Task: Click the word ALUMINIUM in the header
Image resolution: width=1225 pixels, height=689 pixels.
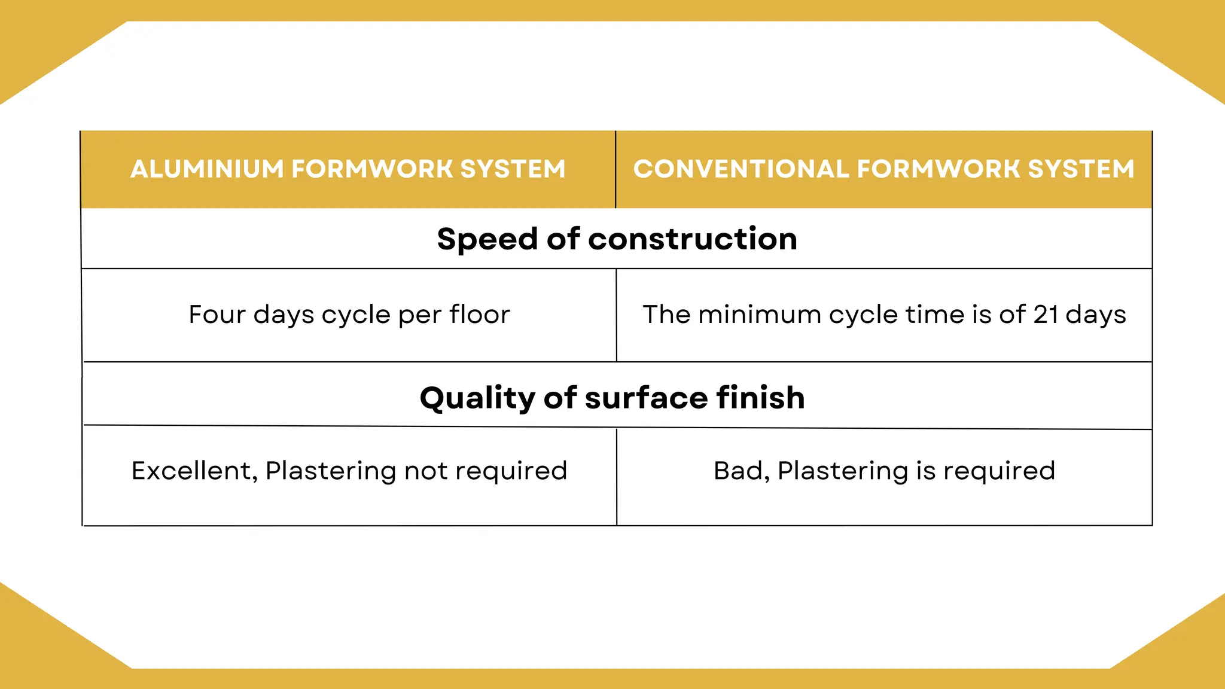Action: click(x=207, y=169)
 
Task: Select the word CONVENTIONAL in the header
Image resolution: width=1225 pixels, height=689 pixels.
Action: click(x=741, y=169)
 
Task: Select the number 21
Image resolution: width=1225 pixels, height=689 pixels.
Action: click(x=1046, y=315)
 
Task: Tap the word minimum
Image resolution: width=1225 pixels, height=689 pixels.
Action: click(x=760, y=315)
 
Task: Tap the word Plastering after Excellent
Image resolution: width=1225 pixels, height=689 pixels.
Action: click(x=330, y=471)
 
